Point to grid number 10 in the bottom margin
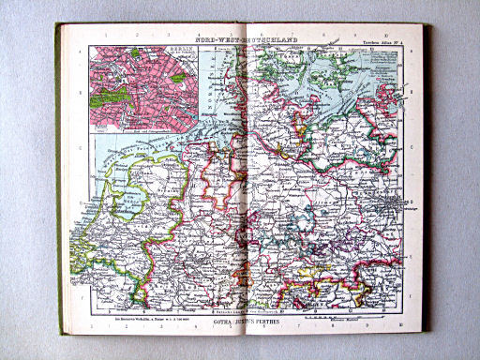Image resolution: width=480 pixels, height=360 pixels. [398, 326]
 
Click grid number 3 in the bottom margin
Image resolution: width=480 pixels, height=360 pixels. [151, 327]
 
